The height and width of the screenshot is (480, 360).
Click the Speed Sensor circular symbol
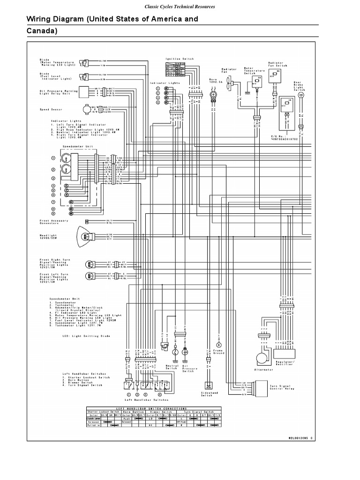coord(87,110)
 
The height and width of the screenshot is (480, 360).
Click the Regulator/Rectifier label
coord(284,364)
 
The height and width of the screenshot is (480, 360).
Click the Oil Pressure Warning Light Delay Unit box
coord(84,91)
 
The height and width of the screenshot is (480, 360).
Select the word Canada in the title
coord(41,31)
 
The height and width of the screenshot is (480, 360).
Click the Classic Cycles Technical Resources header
coord(180,7)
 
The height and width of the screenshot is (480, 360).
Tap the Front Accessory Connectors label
coord(54,222)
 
